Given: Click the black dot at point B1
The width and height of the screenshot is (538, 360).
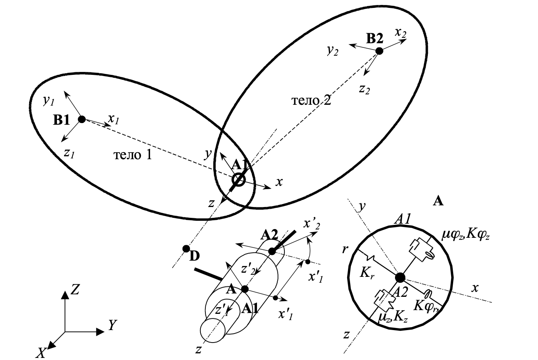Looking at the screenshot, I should [x=82, y=119].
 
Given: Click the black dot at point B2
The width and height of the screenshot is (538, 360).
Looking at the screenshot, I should [x=379, y=51].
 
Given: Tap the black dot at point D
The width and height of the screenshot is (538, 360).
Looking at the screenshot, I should [x=186, y=249].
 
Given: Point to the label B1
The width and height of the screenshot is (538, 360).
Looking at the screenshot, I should [x=61, y=120].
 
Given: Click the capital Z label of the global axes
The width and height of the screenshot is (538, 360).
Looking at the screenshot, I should [x=75, y=289].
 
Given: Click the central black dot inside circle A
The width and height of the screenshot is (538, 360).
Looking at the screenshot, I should [x=400, y=277].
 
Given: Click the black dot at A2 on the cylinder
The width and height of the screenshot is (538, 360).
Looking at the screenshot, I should [x=272, y=251].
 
